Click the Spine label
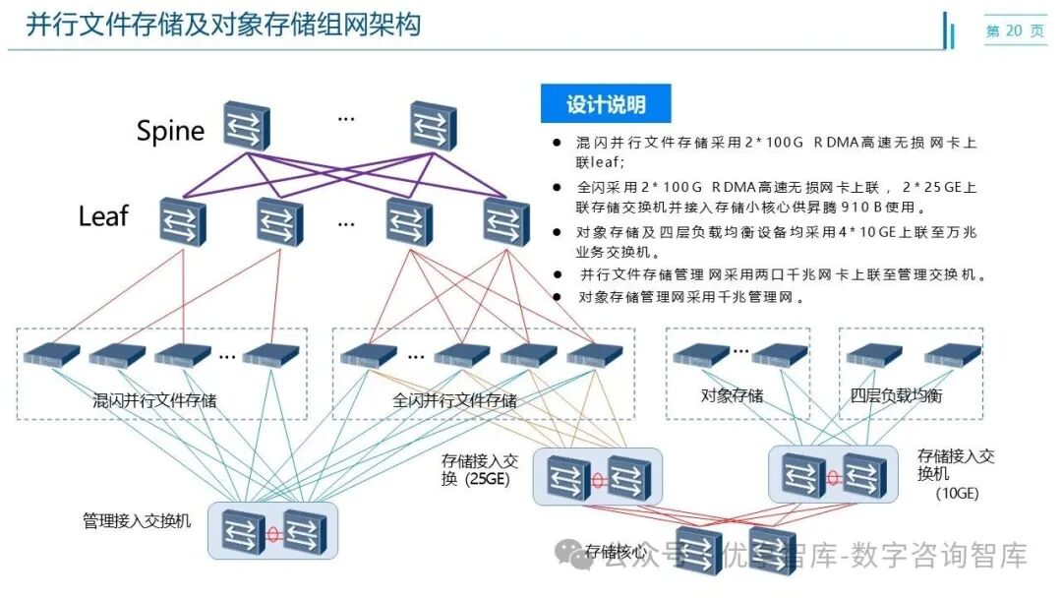pos(170,130)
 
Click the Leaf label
pos(103,215)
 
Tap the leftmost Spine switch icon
pos(245,125)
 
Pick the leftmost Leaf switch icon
pos(183,220)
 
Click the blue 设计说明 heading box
pos(606,104)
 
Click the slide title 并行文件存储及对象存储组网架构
pos(223,25)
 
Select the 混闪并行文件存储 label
pos(154,400)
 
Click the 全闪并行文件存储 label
pos(454,400)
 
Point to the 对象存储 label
pos(732,395)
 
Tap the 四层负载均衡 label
pos(896,395)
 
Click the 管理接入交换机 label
pos(137,519)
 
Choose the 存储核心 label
pos(615,551)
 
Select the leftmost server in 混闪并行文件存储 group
pos(52,354)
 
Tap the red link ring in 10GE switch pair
pos(833,477)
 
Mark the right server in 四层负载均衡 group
pos(952,354)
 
